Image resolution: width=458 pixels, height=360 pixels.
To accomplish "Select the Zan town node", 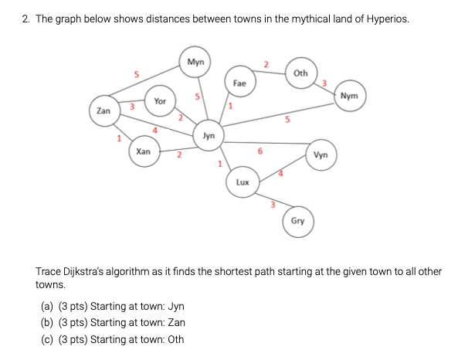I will [x=103, y=110].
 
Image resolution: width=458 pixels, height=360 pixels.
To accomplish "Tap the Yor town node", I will [x=159, y=101].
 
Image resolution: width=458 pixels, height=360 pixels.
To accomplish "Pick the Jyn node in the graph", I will [x=209, y=135].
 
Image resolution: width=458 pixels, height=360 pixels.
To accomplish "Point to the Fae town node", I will [x=239, y=82].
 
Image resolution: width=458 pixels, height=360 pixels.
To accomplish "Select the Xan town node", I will [x=143, y=152].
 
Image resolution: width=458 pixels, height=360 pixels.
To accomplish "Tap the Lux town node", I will [x=242, y=183].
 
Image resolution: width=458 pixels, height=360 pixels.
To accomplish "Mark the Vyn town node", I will [x=321, y=155].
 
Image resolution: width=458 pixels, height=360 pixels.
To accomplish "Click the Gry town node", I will [x=297, y=221].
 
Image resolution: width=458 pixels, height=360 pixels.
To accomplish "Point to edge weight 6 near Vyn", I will [x=260, y=151].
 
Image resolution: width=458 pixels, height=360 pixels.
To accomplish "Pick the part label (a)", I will [x=47, y=306].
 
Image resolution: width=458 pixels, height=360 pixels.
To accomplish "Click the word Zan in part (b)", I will [x=175, y=322].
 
